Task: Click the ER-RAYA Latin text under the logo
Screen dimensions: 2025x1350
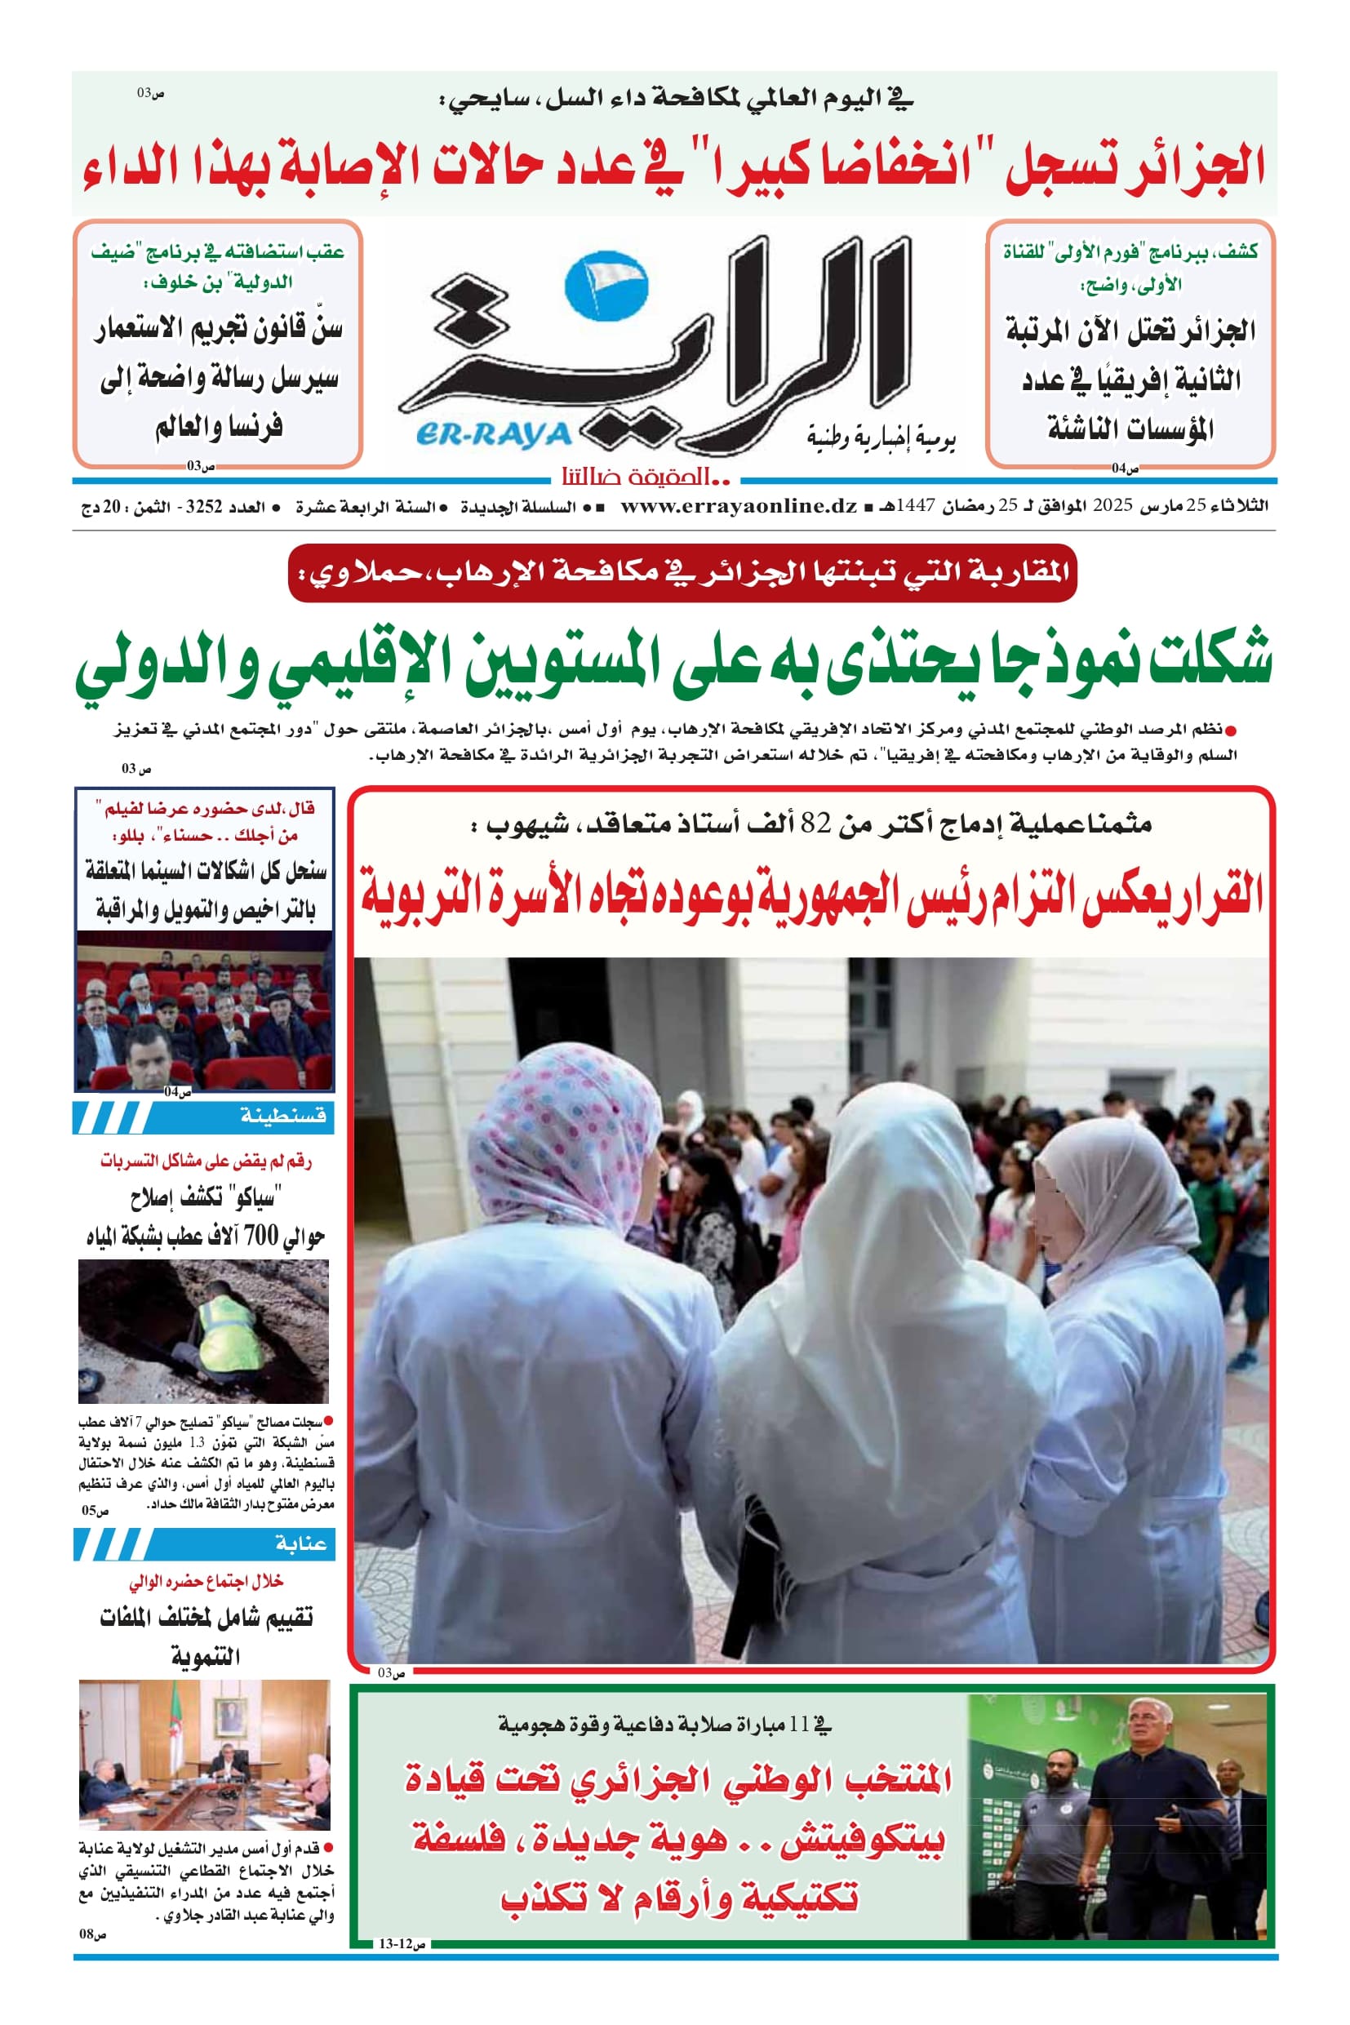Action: pos(493,434)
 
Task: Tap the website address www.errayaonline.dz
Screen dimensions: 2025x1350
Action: pos(738,506)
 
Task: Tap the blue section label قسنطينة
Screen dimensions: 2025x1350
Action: pos(283,1116)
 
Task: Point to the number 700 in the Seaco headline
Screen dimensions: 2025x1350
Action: pos(262,1237)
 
